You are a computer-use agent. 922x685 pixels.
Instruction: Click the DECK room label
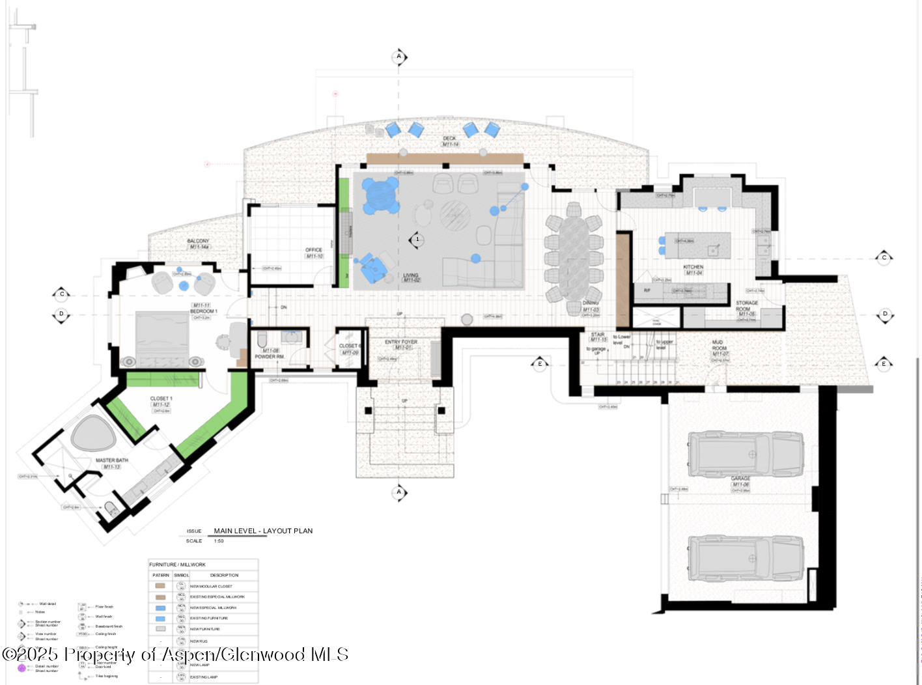[449, 139]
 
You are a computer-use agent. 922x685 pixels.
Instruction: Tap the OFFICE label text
[314, 250]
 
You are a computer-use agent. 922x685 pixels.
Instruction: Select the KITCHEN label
[693, 267]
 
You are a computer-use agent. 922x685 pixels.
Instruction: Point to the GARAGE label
[740, 479]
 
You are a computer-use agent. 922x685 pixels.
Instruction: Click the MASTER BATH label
[112, 460]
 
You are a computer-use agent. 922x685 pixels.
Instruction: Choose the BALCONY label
[199, 241]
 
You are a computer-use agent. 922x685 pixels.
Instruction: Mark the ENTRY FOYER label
[401, 342]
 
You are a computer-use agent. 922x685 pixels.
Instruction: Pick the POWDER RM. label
[270, 357]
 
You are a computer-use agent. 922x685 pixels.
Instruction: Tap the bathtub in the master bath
[93, 433]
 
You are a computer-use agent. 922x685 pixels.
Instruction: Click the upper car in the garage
[746, 453]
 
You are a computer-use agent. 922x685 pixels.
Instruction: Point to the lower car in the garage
[746, 558]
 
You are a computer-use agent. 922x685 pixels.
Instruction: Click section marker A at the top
[399, 57]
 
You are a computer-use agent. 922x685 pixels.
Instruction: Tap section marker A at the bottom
[399, 492]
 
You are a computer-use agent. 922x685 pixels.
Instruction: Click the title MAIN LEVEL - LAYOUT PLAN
[263, 531]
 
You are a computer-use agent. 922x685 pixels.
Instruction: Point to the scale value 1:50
[219, 541]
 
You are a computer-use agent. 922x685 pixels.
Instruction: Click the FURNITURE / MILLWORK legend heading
[177, 565]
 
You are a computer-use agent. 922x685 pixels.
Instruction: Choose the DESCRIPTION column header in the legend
[224, 576]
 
